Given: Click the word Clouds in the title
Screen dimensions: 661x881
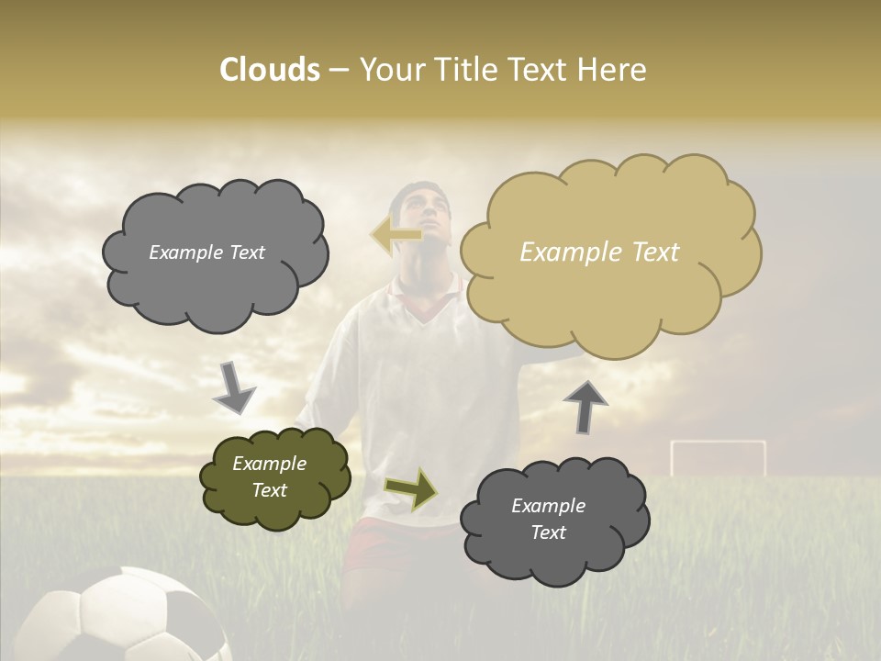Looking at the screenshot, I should point(269,70).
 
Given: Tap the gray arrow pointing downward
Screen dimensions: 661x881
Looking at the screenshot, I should point(234,387).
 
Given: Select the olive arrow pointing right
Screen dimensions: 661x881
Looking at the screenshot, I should point(411,488).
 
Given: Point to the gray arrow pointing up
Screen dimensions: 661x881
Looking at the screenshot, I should point(585,406).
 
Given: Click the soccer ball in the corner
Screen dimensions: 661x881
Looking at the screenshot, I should point(128,620).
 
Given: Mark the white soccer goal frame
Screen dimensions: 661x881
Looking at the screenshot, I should point(718,456).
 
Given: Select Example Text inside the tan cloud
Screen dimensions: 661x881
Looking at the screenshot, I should point(599,252).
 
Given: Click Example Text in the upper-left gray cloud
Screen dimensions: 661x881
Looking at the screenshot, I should point(206,252).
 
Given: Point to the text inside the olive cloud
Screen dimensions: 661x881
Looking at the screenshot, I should point(270,476).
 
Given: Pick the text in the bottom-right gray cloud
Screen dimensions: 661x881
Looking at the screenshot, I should point(548,519).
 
